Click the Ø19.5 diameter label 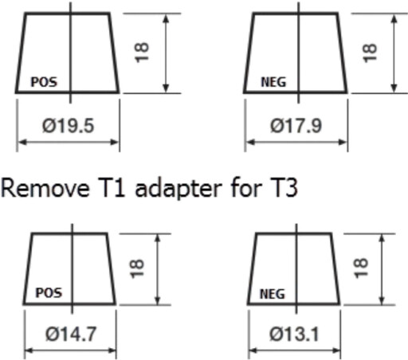click(68, 126)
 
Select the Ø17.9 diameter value click(296, 126)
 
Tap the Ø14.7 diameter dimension click(71, 334)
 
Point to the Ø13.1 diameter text click(294, 334)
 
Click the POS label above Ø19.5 click(44, 82)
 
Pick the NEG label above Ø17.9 click(273, 82)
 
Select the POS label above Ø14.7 click(49, 293)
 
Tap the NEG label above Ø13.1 click(273, 294)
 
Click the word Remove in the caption click(45, 188)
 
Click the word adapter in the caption click(178, 189)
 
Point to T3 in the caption click(284, 188)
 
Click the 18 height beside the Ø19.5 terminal click(142, 53)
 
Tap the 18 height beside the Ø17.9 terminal click(370, 53)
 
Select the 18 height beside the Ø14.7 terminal click(137, 268)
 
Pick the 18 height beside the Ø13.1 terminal click(361, 268)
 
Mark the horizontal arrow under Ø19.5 click(69, 143)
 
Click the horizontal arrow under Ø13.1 click(295, 350)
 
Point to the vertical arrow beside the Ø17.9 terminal click(394, 53)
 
